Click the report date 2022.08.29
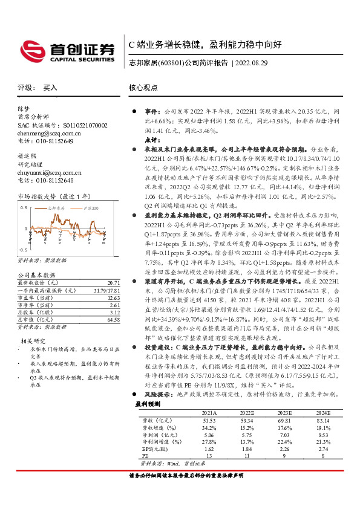tap(251, 62)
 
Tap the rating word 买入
tap(50, 88)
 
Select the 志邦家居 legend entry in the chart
tap(57, 207)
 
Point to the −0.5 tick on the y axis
tap(23, 249)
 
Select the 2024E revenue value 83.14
tap(323, 420)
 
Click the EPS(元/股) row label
tap(154, 450)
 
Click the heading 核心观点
tap(143, 88)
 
